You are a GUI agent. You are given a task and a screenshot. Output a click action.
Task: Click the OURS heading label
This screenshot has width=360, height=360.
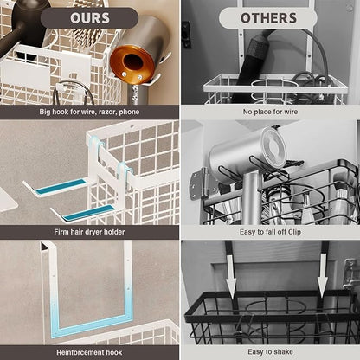tap(89, 17)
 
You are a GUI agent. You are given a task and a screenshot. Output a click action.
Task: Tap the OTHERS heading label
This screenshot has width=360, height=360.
tap(268, 17)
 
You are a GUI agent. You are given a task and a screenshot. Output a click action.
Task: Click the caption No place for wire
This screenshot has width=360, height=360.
tap(269, 112)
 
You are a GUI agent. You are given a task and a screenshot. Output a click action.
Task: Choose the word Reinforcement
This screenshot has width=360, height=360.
tap(80, 352)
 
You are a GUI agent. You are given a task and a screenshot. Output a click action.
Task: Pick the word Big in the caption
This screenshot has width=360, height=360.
tap(48, 112)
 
